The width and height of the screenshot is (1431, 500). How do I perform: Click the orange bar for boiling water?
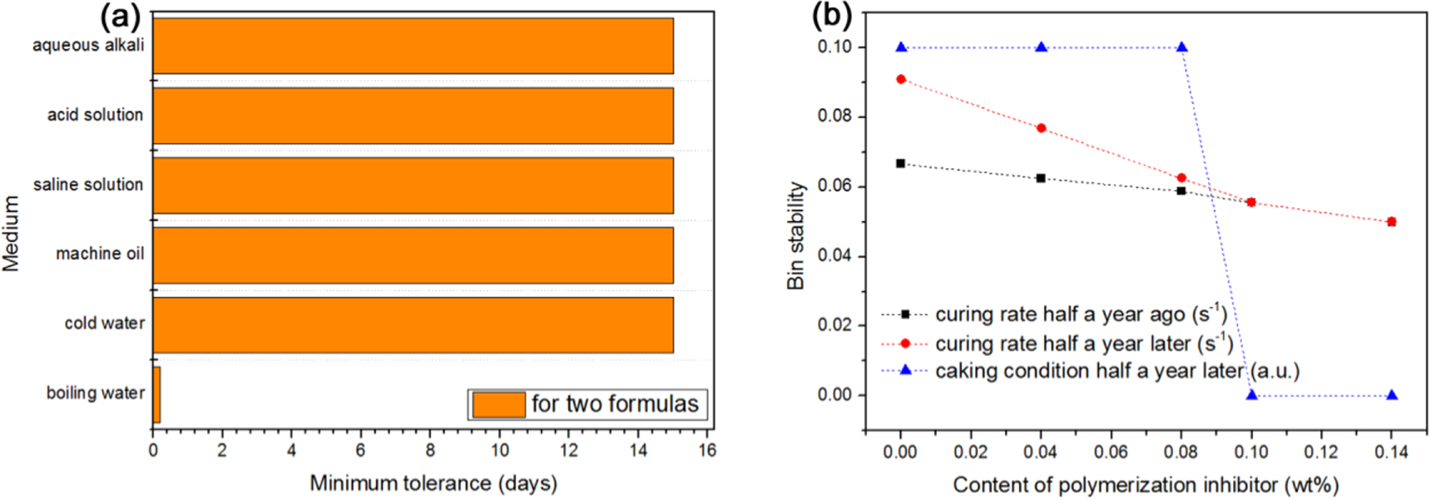[156, 394]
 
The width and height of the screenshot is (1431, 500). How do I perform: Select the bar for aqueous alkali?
[413, 46]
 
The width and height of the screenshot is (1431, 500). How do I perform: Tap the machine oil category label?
[100, 254]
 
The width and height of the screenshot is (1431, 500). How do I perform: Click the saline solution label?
[88, 185]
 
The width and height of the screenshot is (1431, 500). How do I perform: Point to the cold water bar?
[413, 324]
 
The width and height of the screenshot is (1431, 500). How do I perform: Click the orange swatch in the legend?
[498, 404]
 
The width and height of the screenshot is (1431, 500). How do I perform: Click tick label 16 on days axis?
[707, 450]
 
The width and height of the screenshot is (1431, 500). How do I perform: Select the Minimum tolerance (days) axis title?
[433, 483]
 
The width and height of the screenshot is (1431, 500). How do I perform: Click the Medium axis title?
[11, 234]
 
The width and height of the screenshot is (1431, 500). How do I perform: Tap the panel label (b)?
[832, 14]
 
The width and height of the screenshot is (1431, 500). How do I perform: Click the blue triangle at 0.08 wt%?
[1181, 47]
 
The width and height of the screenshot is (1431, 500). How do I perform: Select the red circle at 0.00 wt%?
[901, 79]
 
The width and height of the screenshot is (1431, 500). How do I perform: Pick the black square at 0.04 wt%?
[1041, 178]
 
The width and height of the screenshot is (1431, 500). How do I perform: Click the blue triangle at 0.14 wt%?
[1392, 395]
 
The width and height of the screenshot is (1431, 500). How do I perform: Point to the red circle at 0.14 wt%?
[1392, 222]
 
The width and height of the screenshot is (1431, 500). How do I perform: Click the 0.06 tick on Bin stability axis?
[834, 186]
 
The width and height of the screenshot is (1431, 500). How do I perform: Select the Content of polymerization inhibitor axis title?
[1146, 485]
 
